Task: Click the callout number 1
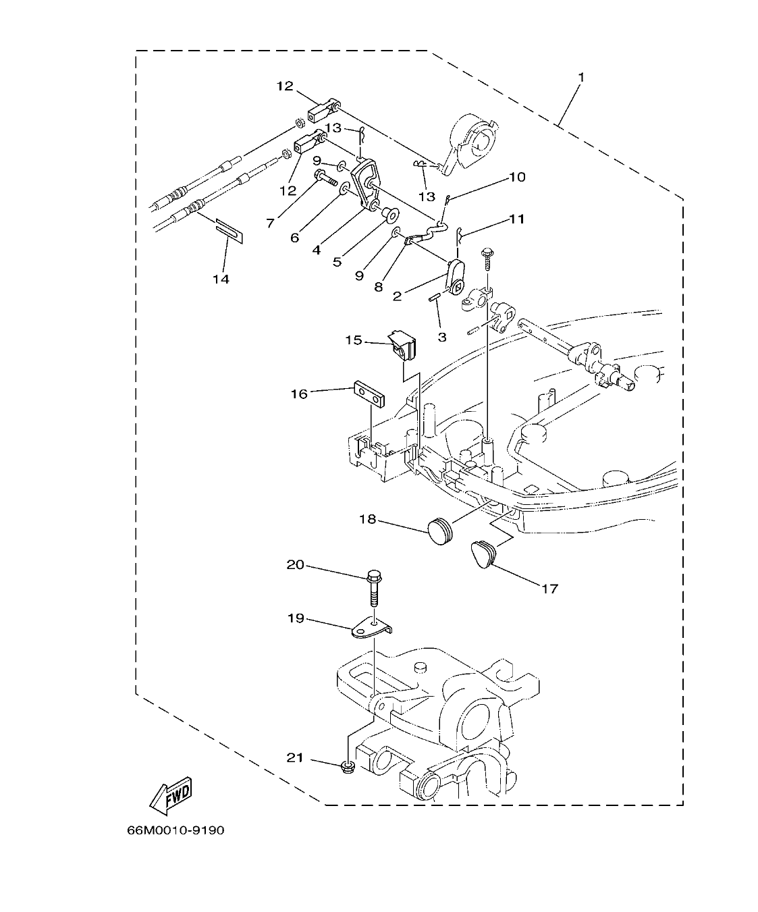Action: pos(581,77)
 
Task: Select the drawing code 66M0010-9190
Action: pos(175,830)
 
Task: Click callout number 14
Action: pos(221,279)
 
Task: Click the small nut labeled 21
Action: pos(348,766)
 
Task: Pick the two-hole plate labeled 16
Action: pos(369,395)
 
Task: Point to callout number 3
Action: pos(442,337)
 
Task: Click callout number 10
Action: pos(516,178)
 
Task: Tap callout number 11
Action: pos(516,219)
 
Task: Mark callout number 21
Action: pos(295,758)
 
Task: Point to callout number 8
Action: pos(378,286)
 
